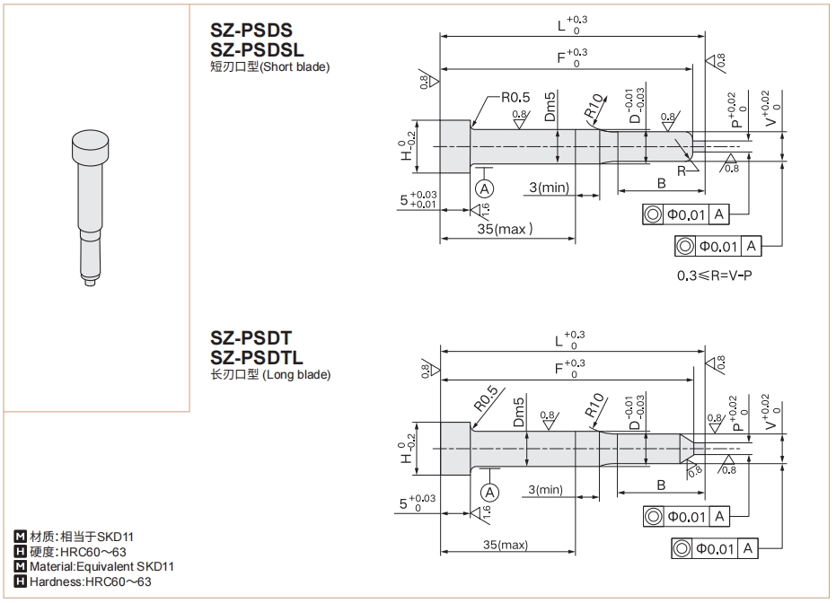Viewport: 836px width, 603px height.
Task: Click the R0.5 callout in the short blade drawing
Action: coord(515,97)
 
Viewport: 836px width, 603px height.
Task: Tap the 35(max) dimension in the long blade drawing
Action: coord(504,545)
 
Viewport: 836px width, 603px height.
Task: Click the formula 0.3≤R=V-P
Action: coord(714,274)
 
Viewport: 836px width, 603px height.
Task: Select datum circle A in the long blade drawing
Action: coord(488,492)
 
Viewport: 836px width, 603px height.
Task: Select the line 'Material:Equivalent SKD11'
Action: coord(101,567)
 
